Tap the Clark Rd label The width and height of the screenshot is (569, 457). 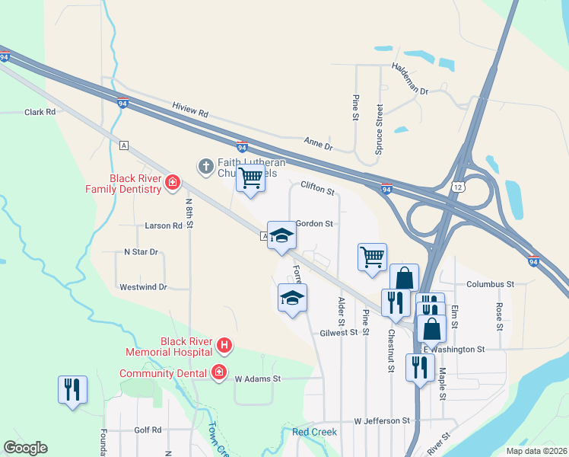(x=40, y=112)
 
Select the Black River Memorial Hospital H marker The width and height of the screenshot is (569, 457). (x=224, y=346)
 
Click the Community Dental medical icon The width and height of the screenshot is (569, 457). (x=219, y=372)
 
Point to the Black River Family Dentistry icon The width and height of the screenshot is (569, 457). (x=173, y=182)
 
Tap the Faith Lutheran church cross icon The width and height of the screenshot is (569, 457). (x=205, y=165)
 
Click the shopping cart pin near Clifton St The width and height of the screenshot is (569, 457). (x=250, y=179)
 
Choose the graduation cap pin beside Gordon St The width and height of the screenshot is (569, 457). (x=281, y=235)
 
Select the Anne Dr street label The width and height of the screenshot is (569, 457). (x=319, y=142)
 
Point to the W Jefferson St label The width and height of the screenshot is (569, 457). (x=382, y=421)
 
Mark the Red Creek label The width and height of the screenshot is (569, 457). (x=314, y=432)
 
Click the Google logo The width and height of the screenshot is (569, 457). (x=25, y=448)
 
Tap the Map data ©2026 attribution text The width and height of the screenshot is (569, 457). (x=536, y=451)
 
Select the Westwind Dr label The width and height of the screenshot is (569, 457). (x=143, y=287)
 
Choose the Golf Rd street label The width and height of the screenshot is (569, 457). (x=148, y=430)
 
